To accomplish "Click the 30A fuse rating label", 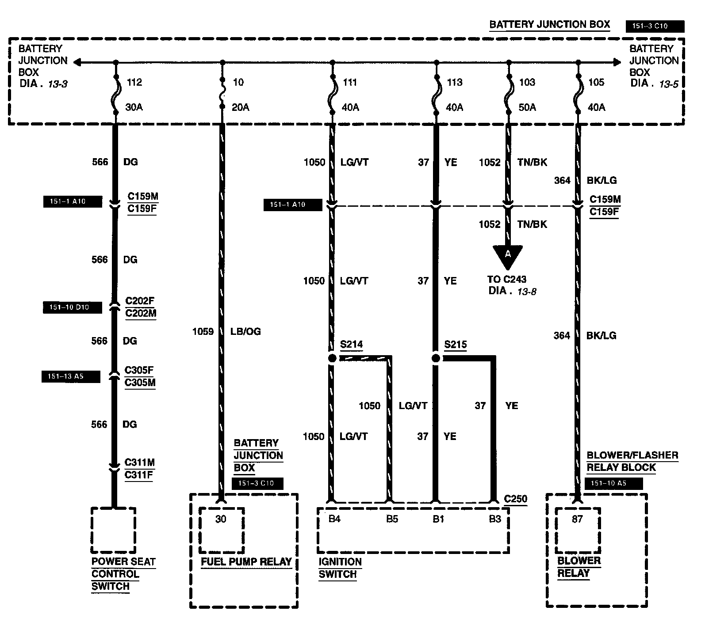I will click(134, 107).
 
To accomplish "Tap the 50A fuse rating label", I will click(527, 107).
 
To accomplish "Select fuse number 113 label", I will click(454, 82).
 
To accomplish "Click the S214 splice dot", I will click(332, 358).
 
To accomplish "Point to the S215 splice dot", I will click(436, 358).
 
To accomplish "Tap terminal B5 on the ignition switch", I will click(392, 519).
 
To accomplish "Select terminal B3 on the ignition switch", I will click(495, 519).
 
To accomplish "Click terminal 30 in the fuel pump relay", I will click(221, 519).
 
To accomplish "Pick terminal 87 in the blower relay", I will click(578, 519).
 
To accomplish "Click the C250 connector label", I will click(516, 499).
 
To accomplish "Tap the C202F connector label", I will click(140, 301).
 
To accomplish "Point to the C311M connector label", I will click(140, 463).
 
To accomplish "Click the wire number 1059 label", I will click(203, 331).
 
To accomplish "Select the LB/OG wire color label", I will click(245, 331).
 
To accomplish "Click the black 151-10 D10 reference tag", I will click(72, 307).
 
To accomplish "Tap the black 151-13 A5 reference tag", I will click(71, 377).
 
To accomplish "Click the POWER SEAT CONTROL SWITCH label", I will click(123, 574).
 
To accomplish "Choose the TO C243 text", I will click(507, 279).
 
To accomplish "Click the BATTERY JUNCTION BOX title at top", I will click(549, 25).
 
